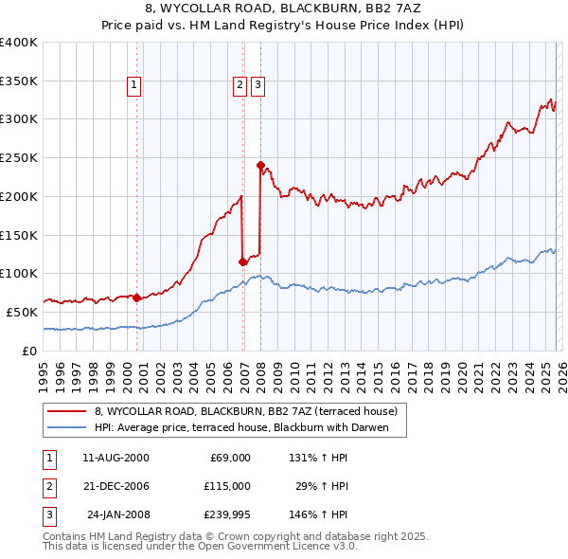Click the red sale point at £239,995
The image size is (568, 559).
click(260, 164)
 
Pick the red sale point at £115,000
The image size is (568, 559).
click(243, 261)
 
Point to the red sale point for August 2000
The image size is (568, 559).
click(136, 297)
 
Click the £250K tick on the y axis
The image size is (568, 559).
click(18, 157)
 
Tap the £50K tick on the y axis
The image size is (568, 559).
click(21, 312)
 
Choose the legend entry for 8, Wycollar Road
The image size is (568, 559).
click(251, 411)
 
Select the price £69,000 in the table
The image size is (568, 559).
click(227, 457)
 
